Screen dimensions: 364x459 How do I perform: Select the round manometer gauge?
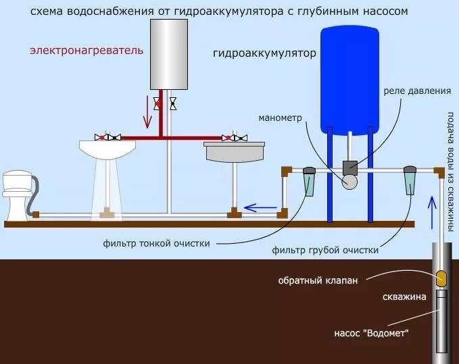(350, 181)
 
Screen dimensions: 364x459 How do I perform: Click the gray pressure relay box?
(350, 166)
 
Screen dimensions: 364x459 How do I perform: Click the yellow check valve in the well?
(441, 278)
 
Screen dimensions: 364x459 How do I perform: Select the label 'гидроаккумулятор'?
(264, 53)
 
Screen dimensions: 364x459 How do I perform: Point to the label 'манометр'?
(280, 117)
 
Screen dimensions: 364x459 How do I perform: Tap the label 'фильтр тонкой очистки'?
(157, 242)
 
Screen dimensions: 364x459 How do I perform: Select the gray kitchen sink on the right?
(234, 152)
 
